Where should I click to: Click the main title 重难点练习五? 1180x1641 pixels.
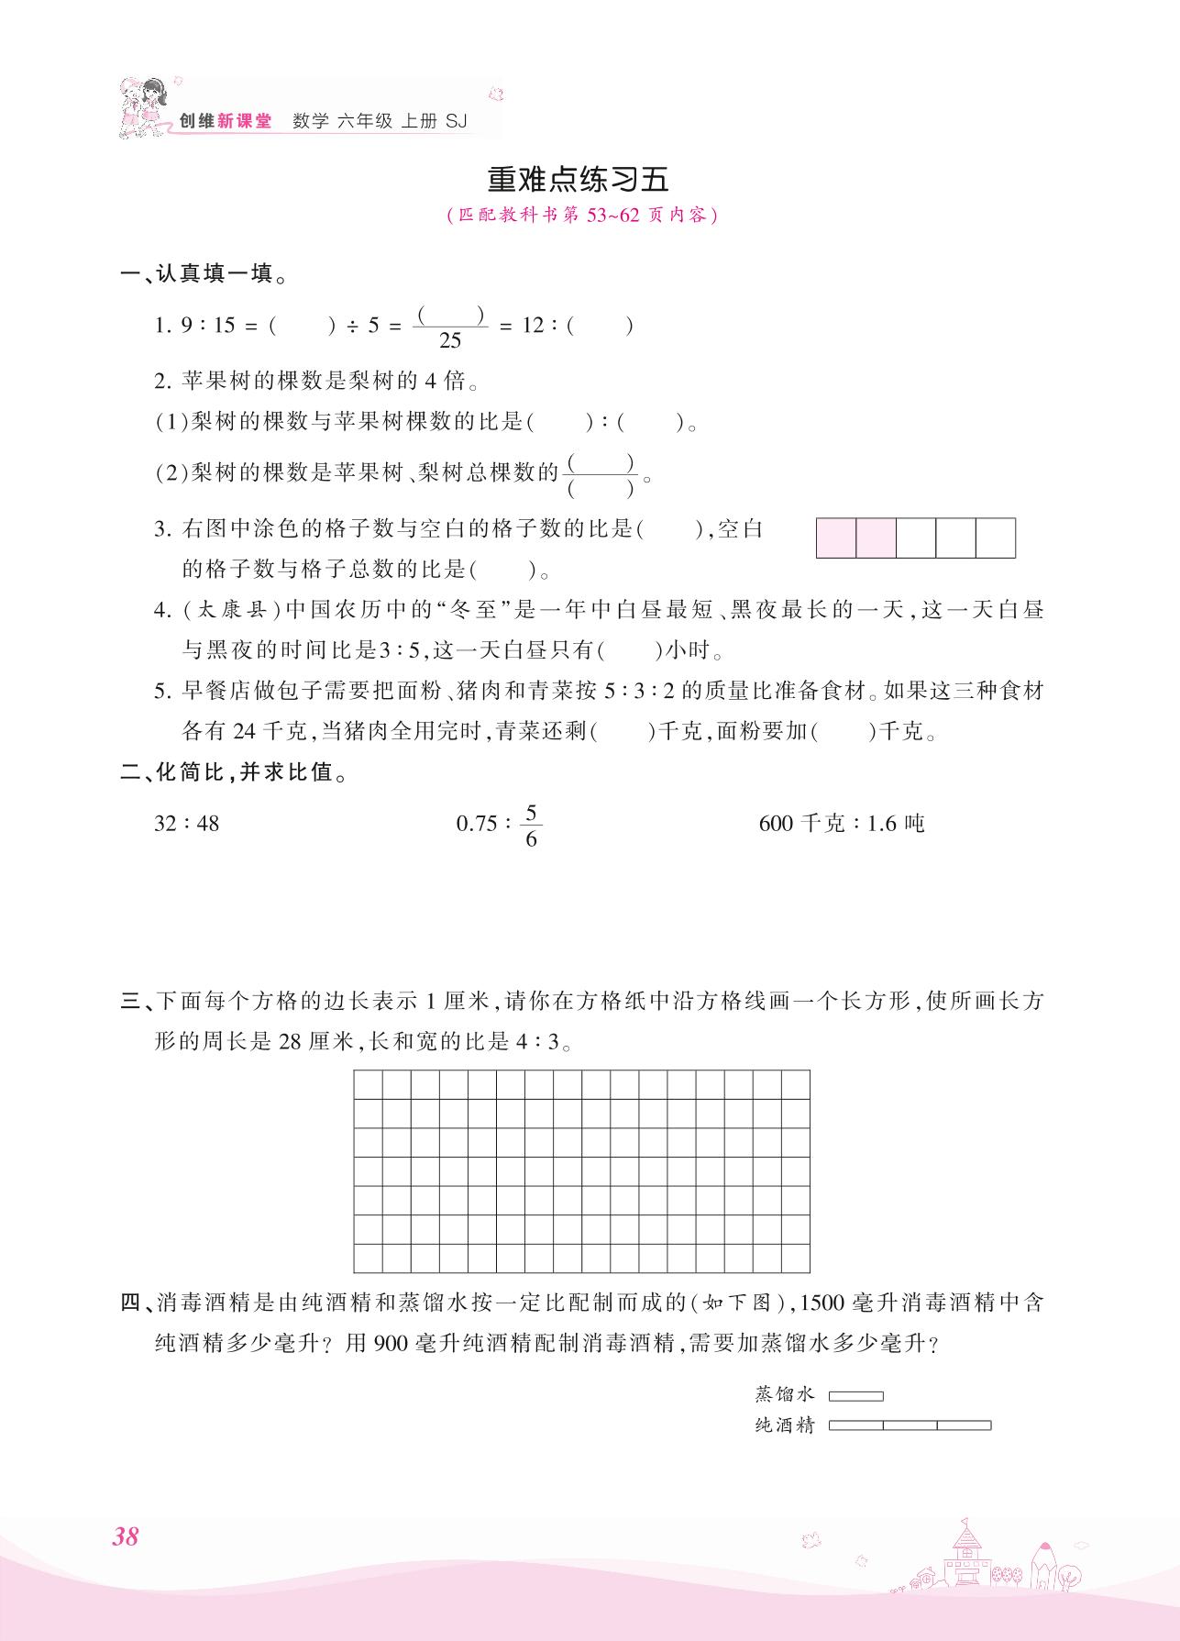[x=578, y=179]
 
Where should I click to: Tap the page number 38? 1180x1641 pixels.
[x=125, y=1535]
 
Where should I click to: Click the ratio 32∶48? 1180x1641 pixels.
[x=187, y=823]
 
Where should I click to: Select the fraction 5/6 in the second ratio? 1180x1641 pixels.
[x=531, y=826]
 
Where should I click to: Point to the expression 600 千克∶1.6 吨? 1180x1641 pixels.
[x=842, y=823]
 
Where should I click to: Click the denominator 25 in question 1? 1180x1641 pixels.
[x=450, y=341]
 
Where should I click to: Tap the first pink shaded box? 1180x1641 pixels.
[x=836, y=538]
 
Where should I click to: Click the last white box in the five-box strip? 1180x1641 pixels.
[x=996, y=538]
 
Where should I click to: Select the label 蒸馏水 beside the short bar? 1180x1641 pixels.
[x=784, y=1394]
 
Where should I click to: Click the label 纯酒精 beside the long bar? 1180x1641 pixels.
[x=784, y=1425]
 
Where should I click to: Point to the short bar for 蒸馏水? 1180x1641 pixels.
[x=855, y=1396]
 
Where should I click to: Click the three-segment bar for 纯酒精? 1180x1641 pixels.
[x=910, y=1425]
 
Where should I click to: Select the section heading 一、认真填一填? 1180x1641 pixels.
[x=204, y=273]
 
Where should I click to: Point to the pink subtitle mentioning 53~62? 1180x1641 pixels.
[x=578, y=216]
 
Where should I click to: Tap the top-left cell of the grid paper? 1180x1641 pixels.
[x=368, y=1084]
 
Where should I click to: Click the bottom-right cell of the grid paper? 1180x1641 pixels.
[x=795, y=1258]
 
